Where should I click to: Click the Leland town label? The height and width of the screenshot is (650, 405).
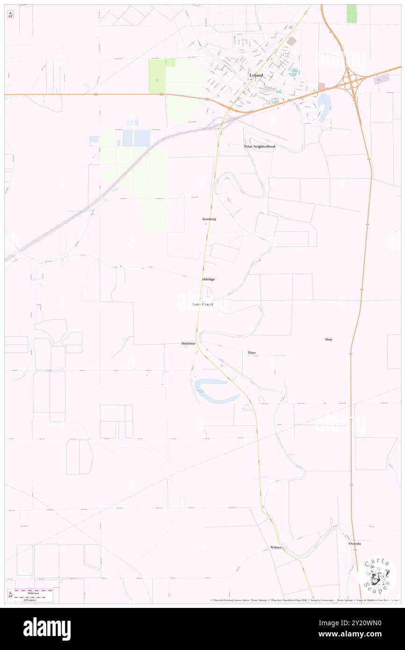(x=256, y=75)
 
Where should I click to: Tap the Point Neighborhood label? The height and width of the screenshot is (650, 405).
(x=260, y=146)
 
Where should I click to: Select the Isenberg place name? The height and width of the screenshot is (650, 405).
(x=209, y=219)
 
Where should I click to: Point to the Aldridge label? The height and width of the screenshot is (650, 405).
(x=208, y=279)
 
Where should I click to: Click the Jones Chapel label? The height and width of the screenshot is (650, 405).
(x=203, y=304)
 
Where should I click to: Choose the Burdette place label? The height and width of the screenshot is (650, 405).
(x=188, y=344)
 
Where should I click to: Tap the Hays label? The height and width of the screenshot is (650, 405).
(x=252, y=352)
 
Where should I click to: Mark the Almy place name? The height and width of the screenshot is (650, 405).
(x=328, y=339)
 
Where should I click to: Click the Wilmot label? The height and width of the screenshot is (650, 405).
(x=276, y=548)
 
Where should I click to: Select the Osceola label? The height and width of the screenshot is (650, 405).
(x=355, y=544)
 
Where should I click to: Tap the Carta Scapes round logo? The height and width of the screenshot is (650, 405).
(x=377, y=575)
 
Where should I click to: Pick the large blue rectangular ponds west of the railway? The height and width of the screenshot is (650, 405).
(x=136, y=138)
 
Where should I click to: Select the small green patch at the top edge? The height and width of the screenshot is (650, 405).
(x=351, y=14)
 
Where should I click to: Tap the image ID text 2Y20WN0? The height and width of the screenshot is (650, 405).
(x=366, y=623)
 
